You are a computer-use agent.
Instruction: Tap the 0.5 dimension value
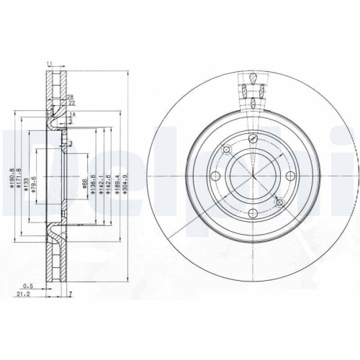tap(30, 285)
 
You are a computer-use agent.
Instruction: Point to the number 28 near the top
tap(71, 97)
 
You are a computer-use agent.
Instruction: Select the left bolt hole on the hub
tap(215, 177)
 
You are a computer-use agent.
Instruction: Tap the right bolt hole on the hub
tap(291, 177)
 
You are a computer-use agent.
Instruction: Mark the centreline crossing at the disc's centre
tap(253, 177)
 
